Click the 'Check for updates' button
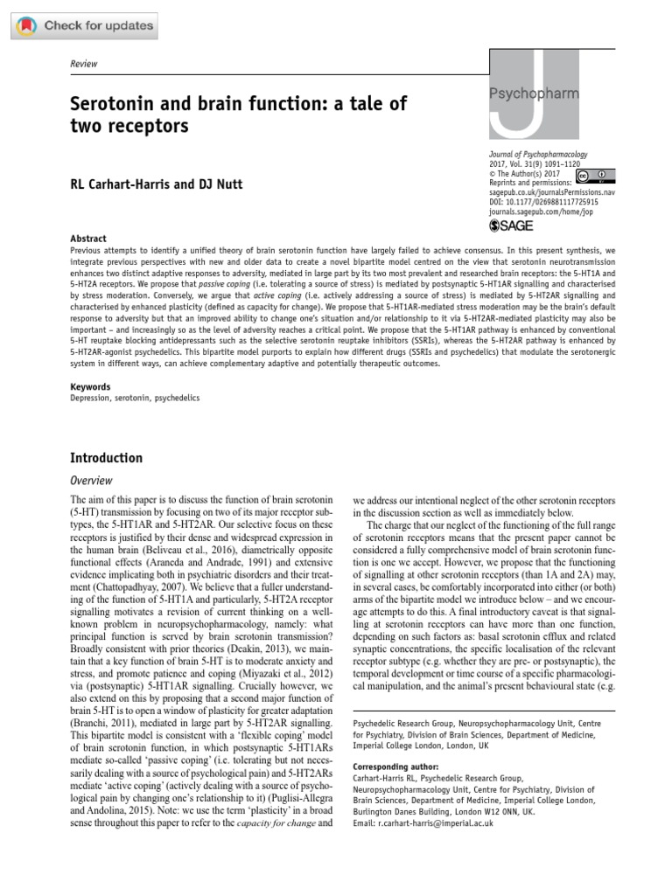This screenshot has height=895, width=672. point(86,25)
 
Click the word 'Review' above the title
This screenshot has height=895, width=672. point(84,64)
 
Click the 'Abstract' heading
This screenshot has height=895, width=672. point(88,239)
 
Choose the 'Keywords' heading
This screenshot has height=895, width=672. point(90,385)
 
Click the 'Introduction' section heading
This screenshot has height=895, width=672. point(106,458)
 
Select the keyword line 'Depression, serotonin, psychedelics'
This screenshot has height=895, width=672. point(135,398)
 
